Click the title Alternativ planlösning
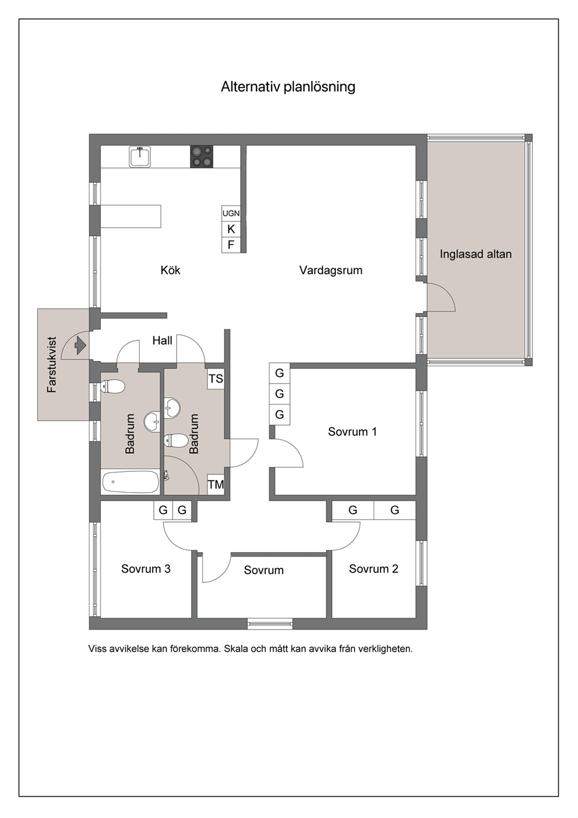tap(288, 87)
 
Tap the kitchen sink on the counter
tap(140, 157)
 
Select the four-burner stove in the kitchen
tap(202, 157)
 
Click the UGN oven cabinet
tap(231, 213)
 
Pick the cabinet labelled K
tap(231, 229)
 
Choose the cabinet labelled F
tap(231, 245)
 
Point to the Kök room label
tap(170, 270)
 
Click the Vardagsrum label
tap(331, 271)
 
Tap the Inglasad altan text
tap(475, 254)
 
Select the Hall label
tap(163, 340)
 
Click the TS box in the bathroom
tap(216, 379)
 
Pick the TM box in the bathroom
tap(216, 485)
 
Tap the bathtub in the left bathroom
tap(131, 482)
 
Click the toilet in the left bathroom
tap(113, 387)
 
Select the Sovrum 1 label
tap(352, 431)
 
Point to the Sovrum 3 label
tap(146, 569)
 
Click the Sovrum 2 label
tap(373, 569)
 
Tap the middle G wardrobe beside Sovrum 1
tap(280, 394)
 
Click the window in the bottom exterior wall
tap(270, 624)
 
